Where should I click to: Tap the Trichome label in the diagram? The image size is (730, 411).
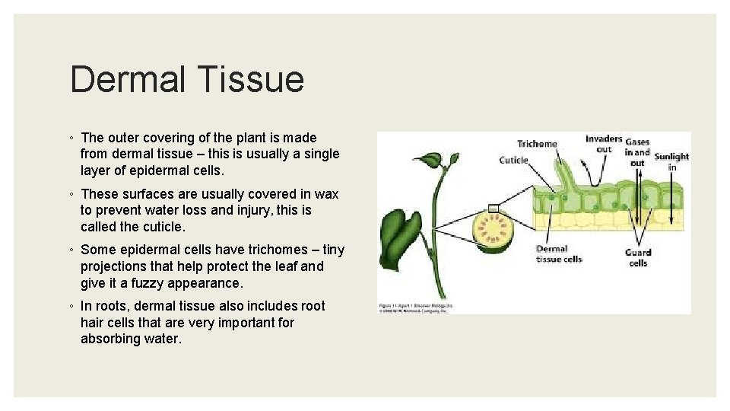point(537,144)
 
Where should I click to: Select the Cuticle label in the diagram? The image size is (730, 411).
point(513,160)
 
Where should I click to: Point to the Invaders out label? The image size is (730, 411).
point(604,144)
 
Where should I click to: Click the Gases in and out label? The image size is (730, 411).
point(637,151)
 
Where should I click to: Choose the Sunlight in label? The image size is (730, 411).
point(671,161)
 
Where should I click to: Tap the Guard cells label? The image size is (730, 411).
point(638,257)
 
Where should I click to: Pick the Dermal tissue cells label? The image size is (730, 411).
point(559,254)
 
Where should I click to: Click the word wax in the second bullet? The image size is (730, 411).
point(328,193)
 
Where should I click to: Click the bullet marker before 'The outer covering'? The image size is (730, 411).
point(72,139)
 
